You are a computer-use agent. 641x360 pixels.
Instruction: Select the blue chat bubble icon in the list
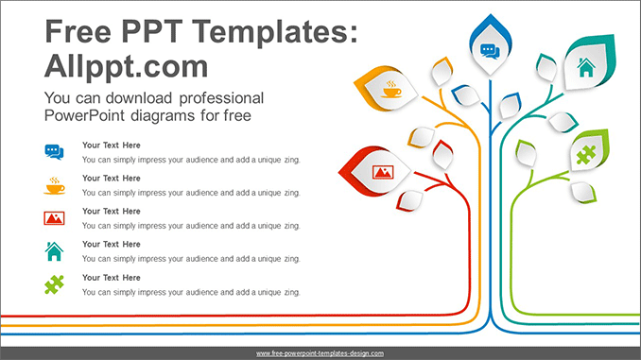(x=54, y=151)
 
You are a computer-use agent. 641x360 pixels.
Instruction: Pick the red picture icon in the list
(x=54, y=218)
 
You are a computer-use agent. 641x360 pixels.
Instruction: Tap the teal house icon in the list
(x=54, y=251)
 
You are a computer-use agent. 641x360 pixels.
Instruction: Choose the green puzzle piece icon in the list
(x=54, y=284)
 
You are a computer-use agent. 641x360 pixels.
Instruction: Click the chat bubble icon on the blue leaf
(x=489, y=51)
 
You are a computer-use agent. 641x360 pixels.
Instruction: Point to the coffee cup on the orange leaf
(x=390, y=91)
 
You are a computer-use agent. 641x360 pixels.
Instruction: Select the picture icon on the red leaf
(x=383, y=172)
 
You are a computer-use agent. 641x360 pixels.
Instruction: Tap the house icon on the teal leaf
(x=585, y=67)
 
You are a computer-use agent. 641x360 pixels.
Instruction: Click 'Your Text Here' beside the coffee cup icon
(x=112, y=179)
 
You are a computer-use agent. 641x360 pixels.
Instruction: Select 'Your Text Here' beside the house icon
(x=112, y=245)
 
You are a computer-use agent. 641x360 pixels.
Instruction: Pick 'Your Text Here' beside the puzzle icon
(x=112, y=278)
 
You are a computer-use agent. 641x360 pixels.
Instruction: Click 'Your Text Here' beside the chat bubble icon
(x=112, y=146)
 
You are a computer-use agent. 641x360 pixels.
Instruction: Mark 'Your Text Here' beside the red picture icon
(x=112, y=212)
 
